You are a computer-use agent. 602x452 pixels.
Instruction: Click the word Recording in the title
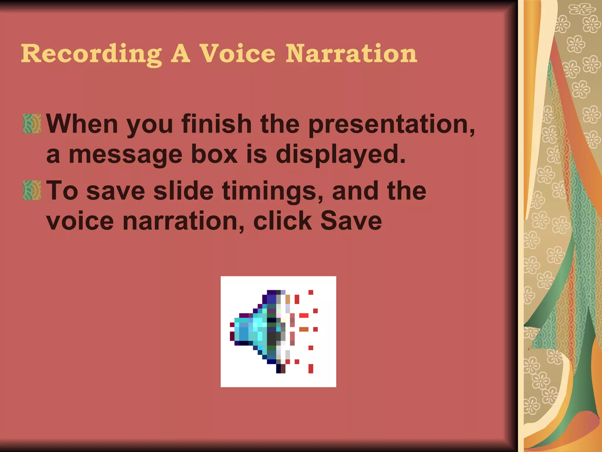[x=91, y=54]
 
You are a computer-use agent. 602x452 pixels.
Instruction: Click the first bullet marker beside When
[x=32, y=124]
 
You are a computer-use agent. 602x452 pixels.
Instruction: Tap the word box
[x=214, y=154]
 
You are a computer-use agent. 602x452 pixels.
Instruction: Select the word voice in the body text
[x=80, y=221]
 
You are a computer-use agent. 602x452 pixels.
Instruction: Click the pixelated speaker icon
[x=278, y=332]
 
